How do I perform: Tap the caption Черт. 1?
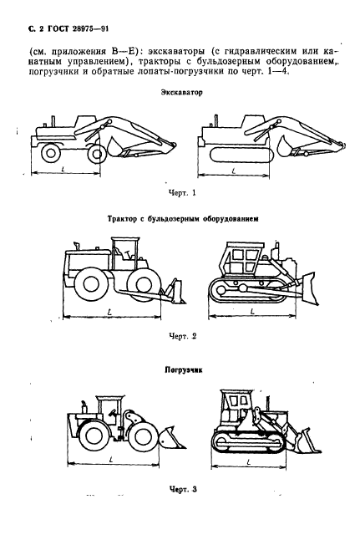click(181, 193)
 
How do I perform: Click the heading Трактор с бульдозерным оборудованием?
click(182, 217)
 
